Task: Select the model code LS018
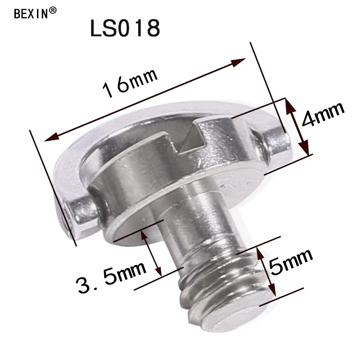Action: [x=124, y=29]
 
